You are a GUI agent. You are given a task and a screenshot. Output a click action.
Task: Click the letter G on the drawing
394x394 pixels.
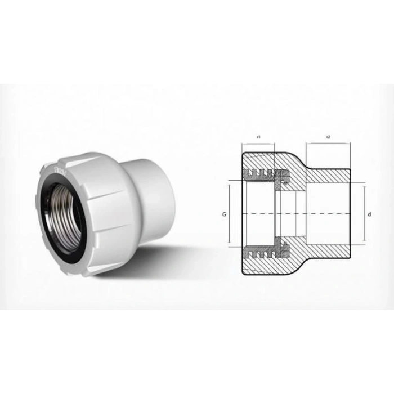coord(223,214)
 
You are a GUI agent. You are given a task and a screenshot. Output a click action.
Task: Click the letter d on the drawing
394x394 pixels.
coord(369,214)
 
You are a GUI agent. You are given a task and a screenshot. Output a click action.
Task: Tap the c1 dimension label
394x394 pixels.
coord(258,137)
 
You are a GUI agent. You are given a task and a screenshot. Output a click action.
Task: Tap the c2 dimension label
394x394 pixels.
coord(328,137)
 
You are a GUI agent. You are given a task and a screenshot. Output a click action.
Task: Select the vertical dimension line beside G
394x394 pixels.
coord(230,213)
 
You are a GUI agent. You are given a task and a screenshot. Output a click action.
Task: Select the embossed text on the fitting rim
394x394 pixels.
coord(56,169)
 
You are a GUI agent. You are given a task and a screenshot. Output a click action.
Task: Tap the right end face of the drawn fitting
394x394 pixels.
coord(351,214)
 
